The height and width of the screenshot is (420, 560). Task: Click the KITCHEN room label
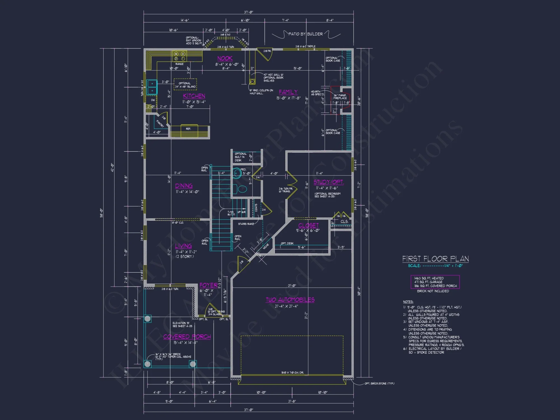click(194, 96)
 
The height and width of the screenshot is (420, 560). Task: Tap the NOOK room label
click(225, 58)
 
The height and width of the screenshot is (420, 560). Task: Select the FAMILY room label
click(288, 92)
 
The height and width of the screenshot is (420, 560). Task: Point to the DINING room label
click(184, 186)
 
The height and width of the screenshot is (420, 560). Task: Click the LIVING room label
click(183, 246)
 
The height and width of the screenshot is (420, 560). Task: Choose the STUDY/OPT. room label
click(328, 182)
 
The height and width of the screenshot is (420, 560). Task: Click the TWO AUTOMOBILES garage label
click(290, 300)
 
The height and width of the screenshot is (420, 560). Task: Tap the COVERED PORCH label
click(187, 337)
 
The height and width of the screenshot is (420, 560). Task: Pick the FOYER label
click(208, 285)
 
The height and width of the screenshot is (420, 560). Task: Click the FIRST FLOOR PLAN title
click(435, 259)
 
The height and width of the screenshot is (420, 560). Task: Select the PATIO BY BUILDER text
click(305, 34)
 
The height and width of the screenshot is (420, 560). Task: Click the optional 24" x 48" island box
click(185, 85)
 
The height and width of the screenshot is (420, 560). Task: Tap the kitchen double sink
click(152, 87)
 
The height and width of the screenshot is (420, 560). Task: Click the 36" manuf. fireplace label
click(340, 97)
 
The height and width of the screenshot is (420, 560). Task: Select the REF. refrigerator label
click(188, 129)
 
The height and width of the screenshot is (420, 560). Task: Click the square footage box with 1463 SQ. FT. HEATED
click(435, 282)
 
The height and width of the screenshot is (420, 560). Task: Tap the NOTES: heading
click(408, 302)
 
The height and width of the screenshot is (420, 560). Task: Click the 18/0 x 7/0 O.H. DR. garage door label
click(292, 373)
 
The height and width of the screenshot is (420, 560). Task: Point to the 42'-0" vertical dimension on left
click(112, 167)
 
